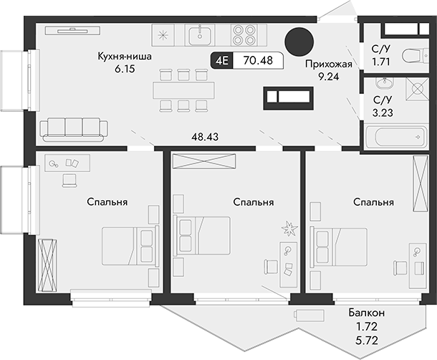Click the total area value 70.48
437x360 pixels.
(x=257, y=61)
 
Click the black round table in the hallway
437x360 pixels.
(x=299, y=42)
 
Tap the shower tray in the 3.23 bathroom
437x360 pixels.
(x=414, y=90)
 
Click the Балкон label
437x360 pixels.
(x=368, y=313)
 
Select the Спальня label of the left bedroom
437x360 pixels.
(x=107, y=202)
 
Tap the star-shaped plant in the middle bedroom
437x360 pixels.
(x=289, y=228)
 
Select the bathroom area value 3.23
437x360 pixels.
(x=383, y=112)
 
